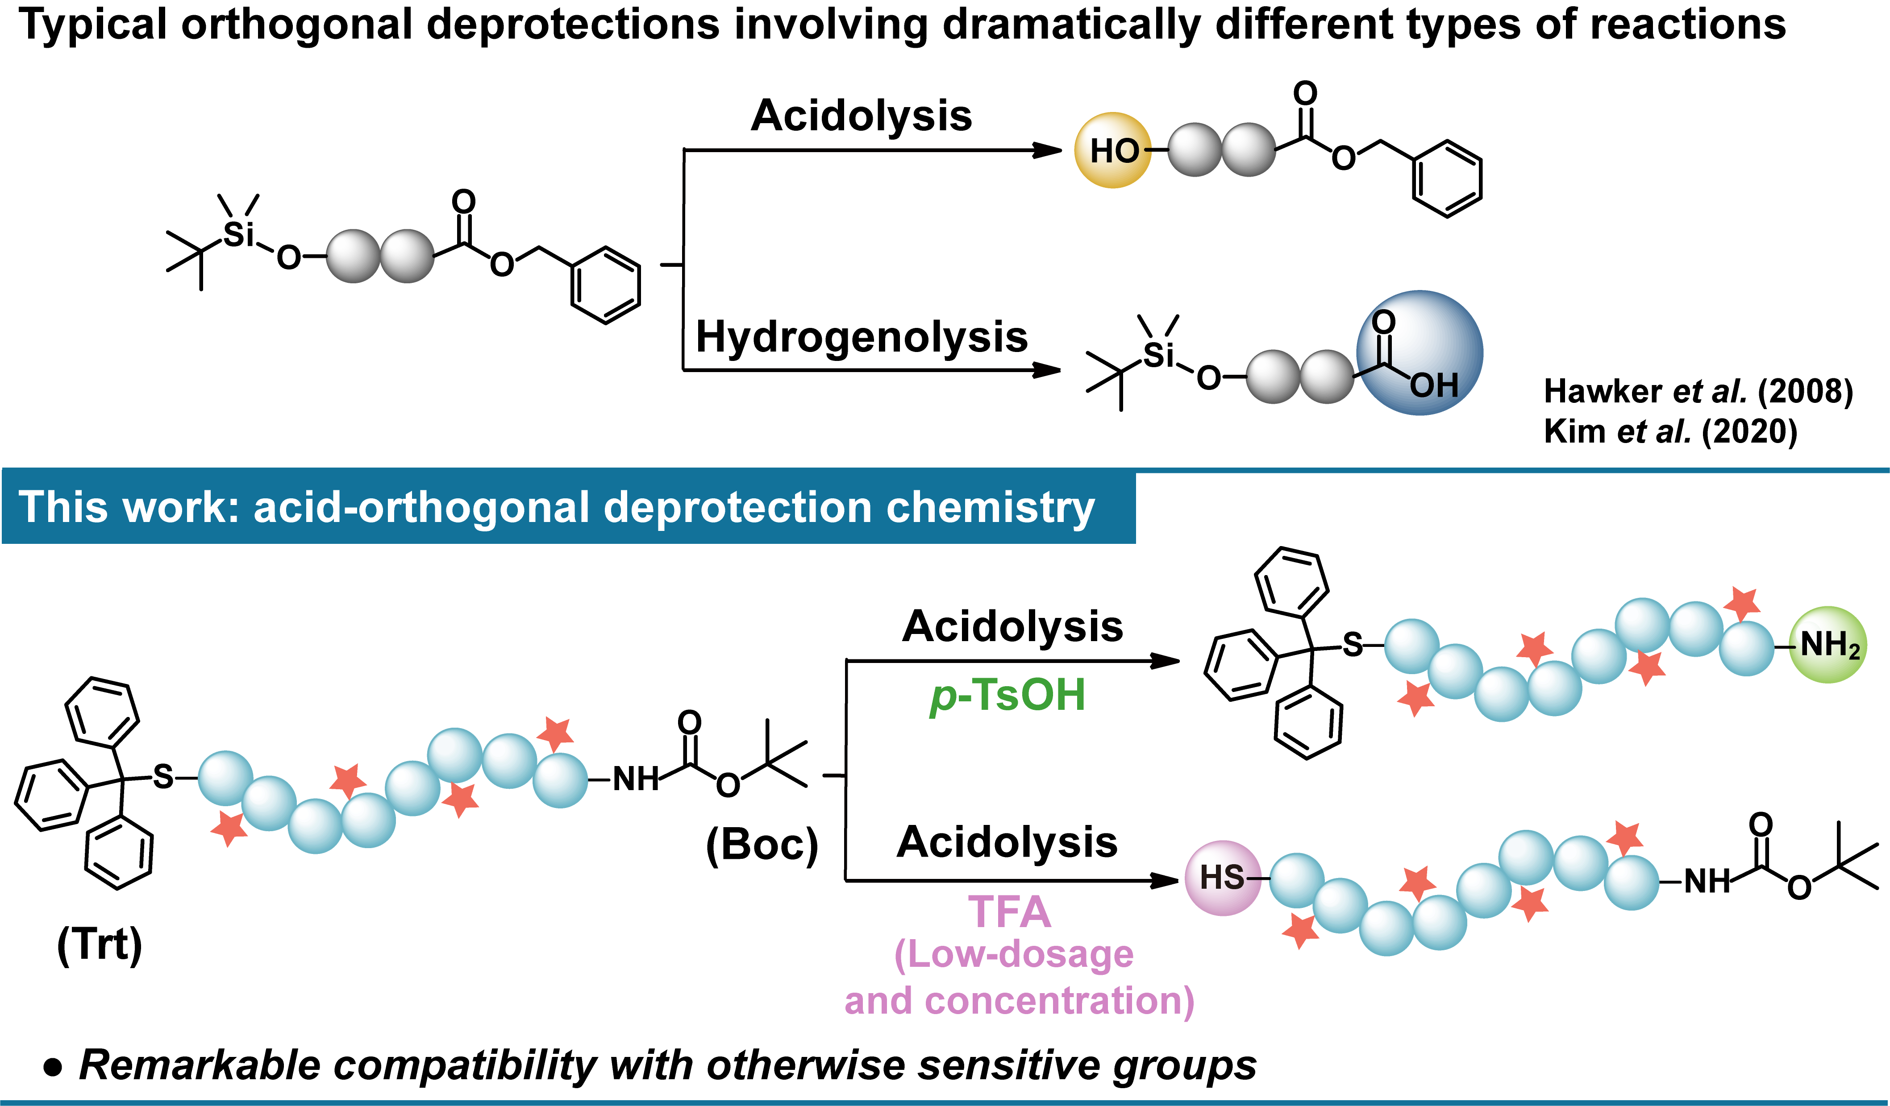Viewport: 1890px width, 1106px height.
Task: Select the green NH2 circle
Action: [x=1828, y=644]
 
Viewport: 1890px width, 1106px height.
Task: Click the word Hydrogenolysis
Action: [x=861, y=337]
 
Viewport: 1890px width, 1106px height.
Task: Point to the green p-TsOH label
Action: [x=1007, y=695]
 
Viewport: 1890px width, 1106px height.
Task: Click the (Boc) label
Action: [x=761, y=845]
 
